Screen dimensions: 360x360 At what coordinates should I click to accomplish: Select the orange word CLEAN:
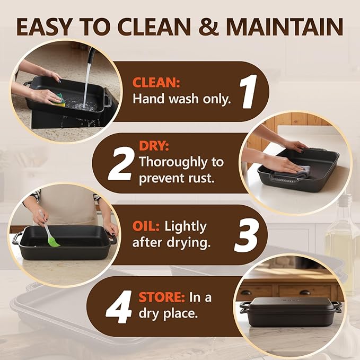click(x=156, y=82)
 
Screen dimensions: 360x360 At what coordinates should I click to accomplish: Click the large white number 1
click(x=248, y=91)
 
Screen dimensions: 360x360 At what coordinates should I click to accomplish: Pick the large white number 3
click(x=247, y=235)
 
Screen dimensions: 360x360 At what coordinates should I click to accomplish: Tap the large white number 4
click(x=119, y=306)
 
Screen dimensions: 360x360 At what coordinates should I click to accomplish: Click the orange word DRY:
click(x=154, y=146)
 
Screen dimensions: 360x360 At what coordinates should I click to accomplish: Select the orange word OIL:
click(x=146, y=226)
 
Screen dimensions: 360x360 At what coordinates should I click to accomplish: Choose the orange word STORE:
click(x=162, y=297)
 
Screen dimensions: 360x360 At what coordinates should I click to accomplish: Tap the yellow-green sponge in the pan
click(x=61, y=100)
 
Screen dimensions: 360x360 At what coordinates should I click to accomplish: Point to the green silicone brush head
click(x=54, y=242)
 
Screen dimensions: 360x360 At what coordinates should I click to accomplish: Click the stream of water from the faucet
click(x=87, y=78)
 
